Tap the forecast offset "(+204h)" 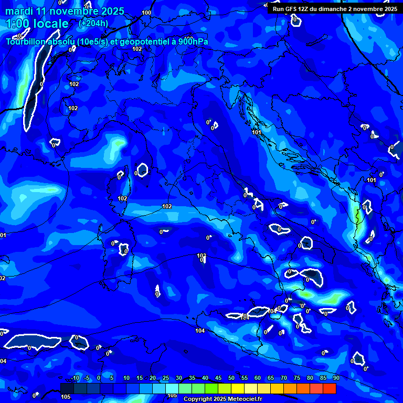click(x=93, y=23)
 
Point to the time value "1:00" click(x=17, y=24)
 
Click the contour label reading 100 click(x=146, y=13)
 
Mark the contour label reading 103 click(x=201, y=256)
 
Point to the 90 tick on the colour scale click(x=336, y=378)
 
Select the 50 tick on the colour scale click(x=231, y=378)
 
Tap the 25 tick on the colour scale click(x=166, y=378)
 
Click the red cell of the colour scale click(x=330, y=388)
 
